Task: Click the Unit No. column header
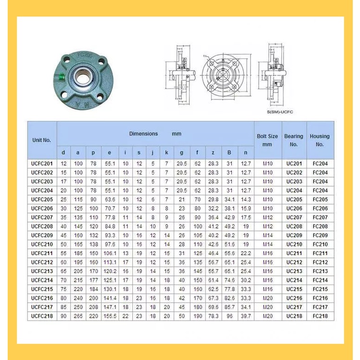pos(41,140)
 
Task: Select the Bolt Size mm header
pos(267,140)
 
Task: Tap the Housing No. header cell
pos(320,140)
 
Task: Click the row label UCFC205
pos(42,199)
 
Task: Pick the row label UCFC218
pos(42,316)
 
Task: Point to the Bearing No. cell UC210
pos(294,244)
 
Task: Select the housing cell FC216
pos(320,298)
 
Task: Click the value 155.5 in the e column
pos(109,316)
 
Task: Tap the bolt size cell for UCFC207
pos(267,217)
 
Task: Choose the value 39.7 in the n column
pos(246,316)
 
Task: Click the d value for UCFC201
pos(63,164)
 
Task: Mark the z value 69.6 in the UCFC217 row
pos(213,307)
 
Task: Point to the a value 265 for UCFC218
pos(77,316)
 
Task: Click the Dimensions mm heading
pos(155,134)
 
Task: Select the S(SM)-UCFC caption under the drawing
pos(280,112)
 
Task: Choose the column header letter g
pos(181,153)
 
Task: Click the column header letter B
pos(229,153)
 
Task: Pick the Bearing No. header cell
pos(294,140)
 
